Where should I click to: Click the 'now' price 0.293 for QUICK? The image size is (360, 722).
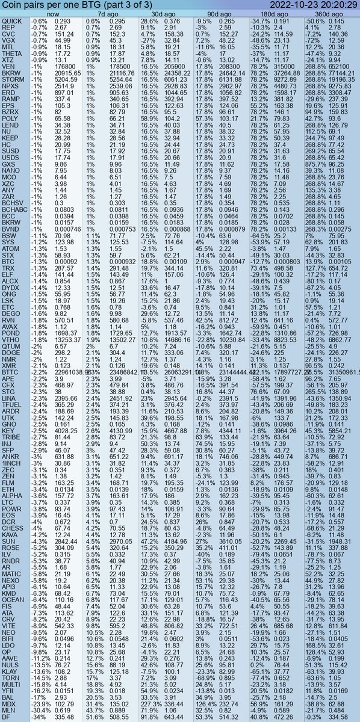coord(63,21)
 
